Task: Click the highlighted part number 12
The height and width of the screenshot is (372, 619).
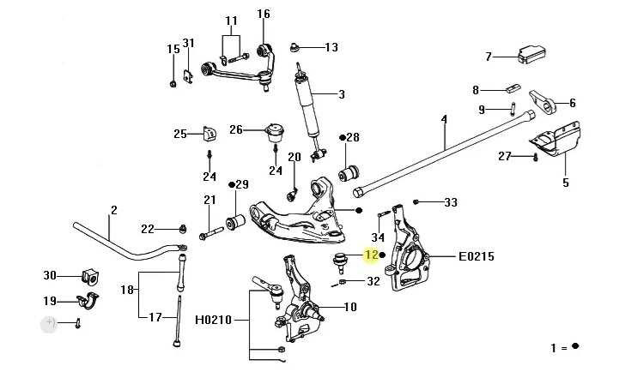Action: [371, 255]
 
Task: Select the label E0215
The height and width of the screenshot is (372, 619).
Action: [476, 255]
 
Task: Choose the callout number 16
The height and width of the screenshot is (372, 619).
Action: [263, 14]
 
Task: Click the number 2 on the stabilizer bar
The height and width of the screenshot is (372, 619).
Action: [112, 210]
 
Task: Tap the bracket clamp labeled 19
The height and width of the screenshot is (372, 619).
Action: [87, 301]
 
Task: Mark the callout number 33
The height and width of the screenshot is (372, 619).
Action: [450, 203]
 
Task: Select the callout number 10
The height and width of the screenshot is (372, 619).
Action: [349, 307]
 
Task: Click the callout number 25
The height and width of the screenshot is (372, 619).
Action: [179, 134]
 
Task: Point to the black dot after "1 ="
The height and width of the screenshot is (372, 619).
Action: [576, 347]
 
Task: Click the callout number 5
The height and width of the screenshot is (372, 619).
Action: [566, 182]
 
